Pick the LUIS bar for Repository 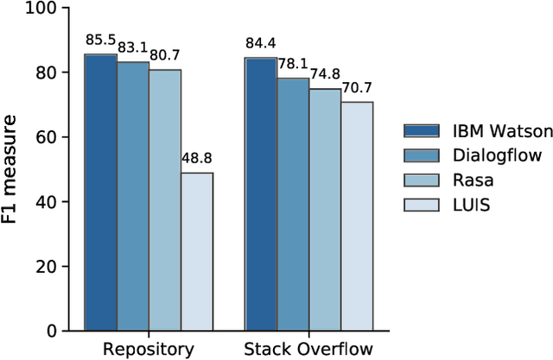pos(196,251)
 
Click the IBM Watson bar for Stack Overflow pos(260,194)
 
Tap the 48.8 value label pos(197,159)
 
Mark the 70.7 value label pos(357,89)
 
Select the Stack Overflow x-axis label pos(308,349)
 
